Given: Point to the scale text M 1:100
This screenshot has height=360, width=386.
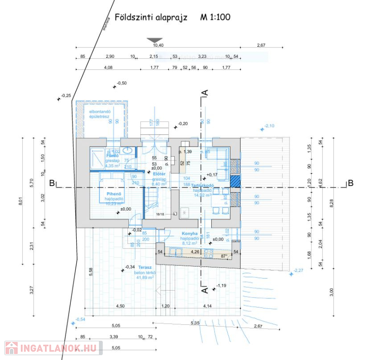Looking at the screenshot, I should tap(215, 17).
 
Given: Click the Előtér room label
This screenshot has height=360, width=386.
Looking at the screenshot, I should tap(159, 173).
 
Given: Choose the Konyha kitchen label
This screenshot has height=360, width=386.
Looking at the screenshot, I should tap(189, 233).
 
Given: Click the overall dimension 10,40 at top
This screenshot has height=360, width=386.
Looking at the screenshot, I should tap(158, 45).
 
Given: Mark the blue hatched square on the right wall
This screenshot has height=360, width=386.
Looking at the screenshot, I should tap(235, 182).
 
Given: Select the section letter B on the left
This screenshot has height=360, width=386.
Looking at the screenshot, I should tap(52, 183).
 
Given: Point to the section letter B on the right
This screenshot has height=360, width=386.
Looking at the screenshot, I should tap(351, 183).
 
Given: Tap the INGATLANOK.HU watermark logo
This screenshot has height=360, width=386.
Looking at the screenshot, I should tap(53, 348).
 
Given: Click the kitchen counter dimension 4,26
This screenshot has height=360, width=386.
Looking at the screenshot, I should tap(195, 252).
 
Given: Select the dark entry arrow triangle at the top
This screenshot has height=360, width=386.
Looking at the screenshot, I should tap(155, 40).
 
